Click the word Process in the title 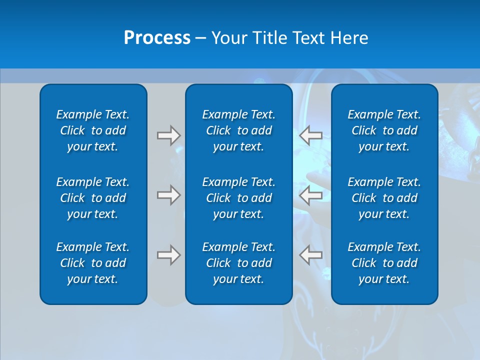click(x=157, y=38)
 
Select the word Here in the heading click(x=349, y=38)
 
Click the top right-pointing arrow click(x=168, y=135)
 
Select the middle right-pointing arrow click(x=168, y=195)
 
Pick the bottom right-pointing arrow click(x=168, y=255)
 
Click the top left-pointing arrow click(x=311, y=135)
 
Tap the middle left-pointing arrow click(x=311, y=195)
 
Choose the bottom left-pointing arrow click(x=311, y=255)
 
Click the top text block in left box click(x=93, y=130)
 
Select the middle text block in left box click(x=93, y=198)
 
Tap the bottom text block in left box click(x=93, y=263)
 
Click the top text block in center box click(x=238, y=130)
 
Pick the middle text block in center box click(x=238, y=198)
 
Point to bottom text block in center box click(x=238, y=263)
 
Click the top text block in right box click(x=384, y=130)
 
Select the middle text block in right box click(x=384, y=198)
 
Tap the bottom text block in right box click(x=384, y=263)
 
